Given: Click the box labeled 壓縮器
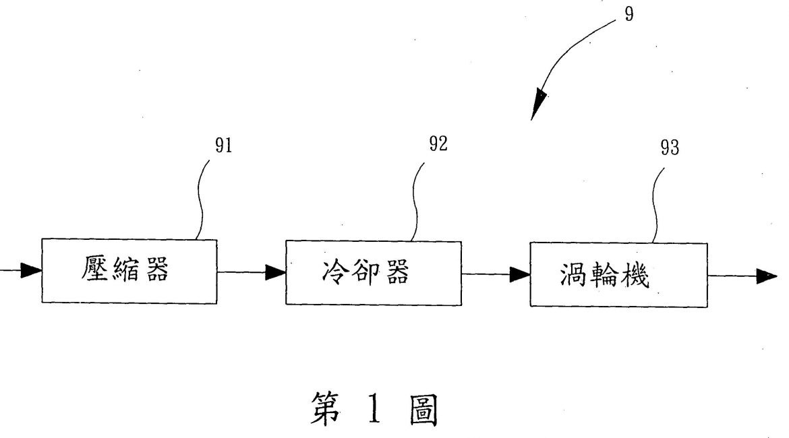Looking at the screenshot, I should point(129,270).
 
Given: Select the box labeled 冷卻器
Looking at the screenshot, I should point(374,271).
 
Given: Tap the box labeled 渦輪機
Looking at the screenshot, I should point(618,274).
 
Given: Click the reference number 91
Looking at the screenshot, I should point(223,146).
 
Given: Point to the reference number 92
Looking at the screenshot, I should point(438,144).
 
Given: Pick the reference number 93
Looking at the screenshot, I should point(670,149).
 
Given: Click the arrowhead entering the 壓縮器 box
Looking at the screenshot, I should point(31,271).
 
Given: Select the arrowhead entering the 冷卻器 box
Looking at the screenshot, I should point(275,272).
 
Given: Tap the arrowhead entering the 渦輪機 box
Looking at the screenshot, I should point(519,274).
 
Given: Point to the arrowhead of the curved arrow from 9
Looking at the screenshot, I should point(540,106).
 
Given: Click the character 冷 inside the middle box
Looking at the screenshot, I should point(331,272).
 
